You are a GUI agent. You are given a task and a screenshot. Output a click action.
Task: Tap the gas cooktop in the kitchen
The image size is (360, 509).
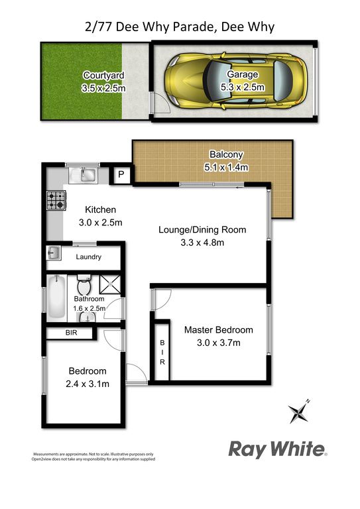(56, 200)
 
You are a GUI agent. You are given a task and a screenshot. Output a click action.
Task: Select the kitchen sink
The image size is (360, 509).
(83, 176)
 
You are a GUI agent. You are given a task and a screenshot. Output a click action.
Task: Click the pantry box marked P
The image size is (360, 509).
(121, 175)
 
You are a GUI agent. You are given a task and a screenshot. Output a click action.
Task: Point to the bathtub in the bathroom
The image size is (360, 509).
(56, 297)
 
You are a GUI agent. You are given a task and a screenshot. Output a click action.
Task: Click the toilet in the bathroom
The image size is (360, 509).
(84, 284)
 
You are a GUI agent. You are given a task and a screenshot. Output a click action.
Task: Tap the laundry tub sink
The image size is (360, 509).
(54, 253)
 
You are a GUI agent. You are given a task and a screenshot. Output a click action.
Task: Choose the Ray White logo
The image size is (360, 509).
(278, 449)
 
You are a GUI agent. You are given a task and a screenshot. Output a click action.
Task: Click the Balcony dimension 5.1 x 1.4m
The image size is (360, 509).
(226, 168)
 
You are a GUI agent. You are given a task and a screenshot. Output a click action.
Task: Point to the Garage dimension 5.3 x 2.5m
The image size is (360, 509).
(243, 87)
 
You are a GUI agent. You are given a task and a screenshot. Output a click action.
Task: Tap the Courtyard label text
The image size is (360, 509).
(103, 76)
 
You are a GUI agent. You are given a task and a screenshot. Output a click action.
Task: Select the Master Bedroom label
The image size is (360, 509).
(219, 330)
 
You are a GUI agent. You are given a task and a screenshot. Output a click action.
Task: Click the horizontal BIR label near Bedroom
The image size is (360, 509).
(72, 333)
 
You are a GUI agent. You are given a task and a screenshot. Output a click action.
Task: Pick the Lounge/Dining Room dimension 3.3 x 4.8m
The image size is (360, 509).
(202, 243)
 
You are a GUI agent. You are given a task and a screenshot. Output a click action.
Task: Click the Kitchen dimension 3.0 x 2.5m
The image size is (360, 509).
(100, 223)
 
